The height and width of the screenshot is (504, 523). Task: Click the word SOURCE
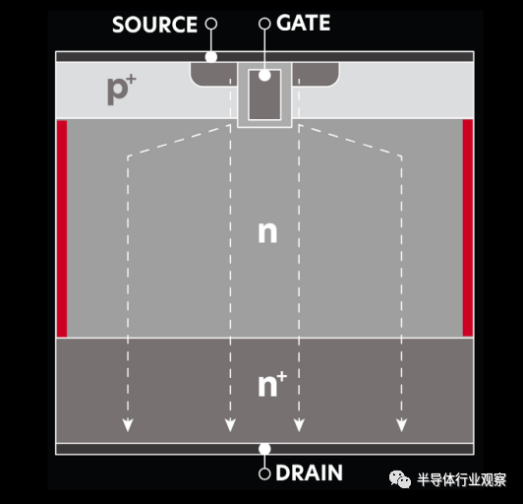point(154,25)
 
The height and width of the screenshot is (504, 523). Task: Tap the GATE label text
point(303,23)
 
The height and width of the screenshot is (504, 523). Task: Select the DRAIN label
point(310,472)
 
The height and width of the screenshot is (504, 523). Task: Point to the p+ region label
point(122,90)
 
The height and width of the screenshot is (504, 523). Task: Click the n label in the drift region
point(267,232)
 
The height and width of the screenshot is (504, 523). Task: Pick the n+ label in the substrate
point(272,385)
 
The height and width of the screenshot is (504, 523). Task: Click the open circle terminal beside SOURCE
point(210,24)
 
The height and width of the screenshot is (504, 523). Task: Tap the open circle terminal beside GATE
point(264,24)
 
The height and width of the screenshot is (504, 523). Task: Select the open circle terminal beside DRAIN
point(264,473)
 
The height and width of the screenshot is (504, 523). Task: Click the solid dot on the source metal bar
point(210,57)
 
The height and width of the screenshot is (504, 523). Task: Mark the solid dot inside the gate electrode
point(264,76)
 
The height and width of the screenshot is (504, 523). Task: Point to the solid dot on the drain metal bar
point(264,449)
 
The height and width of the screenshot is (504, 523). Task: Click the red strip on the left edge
point(62,228)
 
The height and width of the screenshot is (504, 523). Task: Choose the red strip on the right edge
point(468,227)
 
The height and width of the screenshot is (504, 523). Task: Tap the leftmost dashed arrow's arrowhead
point(128,424)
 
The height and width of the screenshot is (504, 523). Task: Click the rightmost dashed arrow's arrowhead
point(401,424)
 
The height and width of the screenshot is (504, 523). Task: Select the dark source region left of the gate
point(213,74)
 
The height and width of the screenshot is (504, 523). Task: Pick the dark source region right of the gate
point(316,74)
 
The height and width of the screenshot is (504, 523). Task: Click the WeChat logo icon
point(399,479)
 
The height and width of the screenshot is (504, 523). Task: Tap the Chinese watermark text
point(461,480)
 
